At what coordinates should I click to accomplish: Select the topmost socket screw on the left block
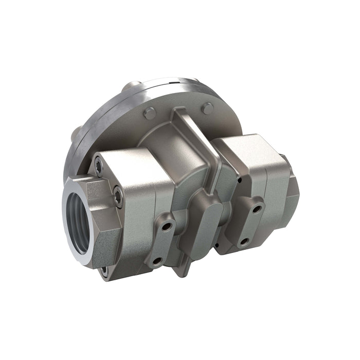[x=98, y=166]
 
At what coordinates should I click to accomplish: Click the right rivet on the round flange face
[x=207, y=109]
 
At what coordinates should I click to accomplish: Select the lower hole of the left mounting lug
[x=156, y=261]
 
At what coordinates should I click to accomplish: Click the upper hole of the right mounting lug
[x=256, y=208]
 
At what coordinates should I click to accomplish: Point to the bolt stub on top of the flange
[x=133, y=86]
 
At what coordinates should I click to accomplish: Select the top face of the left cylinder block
[x=131, y=157]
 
